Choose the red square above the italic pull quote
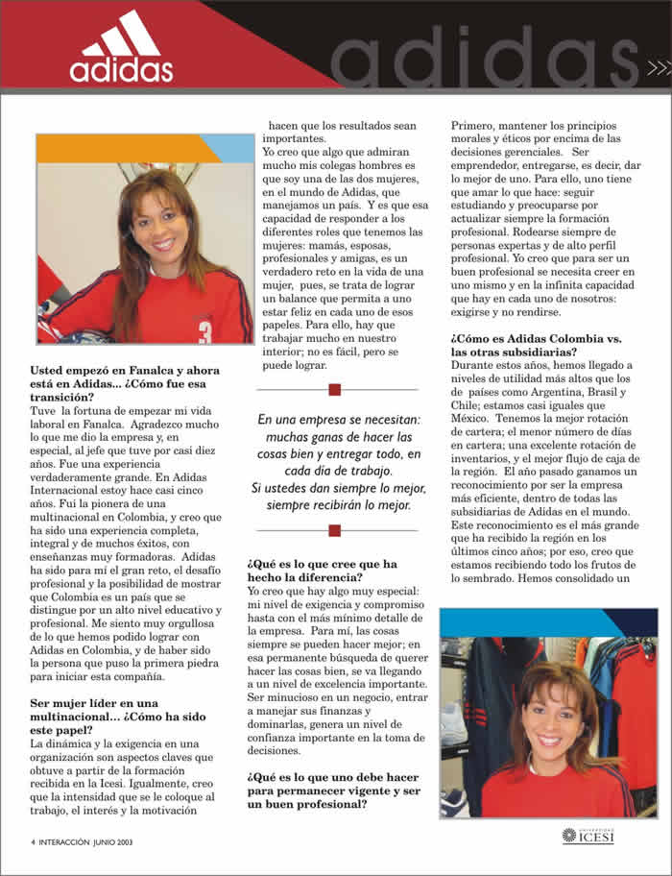(x=335, y=389)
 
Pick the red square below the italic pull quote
(x=335, y=530)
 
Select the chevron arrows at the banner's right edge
(x=659, y=67)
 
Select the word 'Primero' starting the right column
(x=476, y=126)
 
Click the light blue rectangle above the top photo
(x=228, y=148)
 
